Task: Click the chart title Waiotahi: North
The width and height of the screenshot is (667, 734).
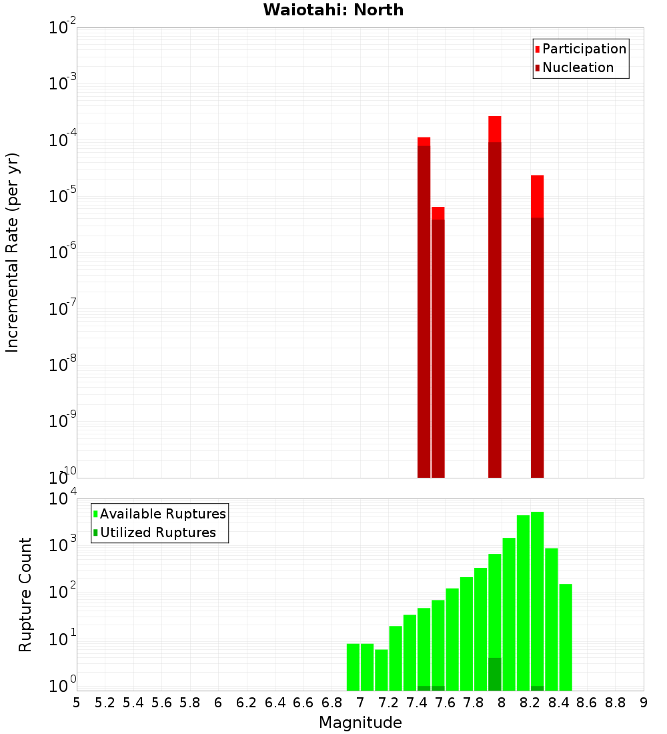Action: tap(333, 10)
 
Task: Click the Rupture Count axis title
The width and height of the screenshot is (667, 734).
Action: tap(25, 595)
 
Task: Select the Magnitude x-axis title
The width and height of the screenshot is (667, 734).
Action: tap(360, 723)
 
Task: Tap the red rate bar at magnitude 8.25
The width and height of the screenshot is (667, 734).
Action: tap(538, 326)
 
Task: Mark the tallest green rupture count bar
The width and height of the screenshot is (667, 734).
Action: tap(538, 601)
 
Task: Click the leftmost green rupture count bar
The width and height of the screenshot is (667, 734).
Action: tap(354, 667)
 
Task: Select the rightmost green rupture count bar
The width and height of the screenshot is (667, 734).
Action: tap(566, 637)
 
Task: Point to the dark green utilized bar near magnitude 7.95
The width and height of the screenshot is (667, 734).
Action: tap(495, 674)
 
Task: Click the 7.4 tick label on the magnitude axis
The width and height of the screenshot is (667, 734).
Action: tap(417, 703)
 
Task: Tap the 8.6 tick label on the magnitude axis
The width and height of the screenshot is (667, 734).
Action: tap(587, 703)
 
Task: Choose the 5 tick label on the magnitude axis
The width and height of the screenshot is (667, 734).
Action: tap(77, 703)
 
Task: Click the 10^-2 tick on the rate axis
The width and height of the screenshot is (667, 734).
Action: tap(63, 29)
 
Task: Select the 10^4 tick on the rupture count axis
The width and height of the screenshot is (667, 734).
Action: tap(63, 500)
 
